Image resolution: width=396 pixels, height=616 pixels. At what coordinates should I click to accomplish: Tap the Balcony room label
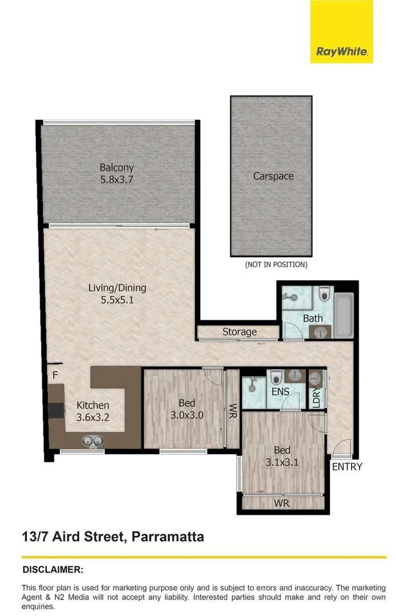116,168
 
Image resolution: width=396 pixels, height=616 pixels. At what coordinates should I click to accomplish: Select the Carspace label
273,176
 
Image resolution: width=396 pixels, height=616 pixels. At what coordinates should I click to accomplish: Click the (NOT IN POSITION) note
276,265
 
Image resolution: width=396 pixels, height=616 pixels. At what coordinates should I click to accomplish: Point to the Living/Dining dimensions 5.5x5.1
117,300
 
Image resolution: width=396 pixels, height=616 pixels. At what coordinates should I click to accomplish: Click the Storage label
240,332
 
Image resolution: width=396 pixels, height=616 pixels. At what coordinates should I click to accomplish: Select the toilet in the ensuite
276,376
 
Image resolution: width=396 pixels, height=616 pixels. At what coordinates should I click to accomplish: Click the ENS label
280,392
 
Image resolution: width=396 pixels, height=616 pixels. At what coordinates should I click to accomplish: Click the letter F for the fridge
55,375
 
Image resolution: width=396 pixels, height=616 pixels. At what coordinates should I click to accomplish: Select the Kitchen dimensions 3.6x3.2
92,417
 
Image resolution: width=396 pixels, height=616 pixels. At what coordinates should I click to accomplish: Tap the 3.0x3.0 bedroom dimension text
187,415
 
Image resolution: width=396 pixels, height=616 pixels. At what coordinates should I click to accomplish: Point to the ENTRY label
347,467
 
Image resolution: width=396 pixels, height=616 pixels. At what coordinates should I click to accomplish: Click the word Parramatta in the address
168,537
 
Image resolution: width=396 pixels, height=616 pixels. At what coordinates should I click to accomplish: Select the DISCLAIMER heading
52,570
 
